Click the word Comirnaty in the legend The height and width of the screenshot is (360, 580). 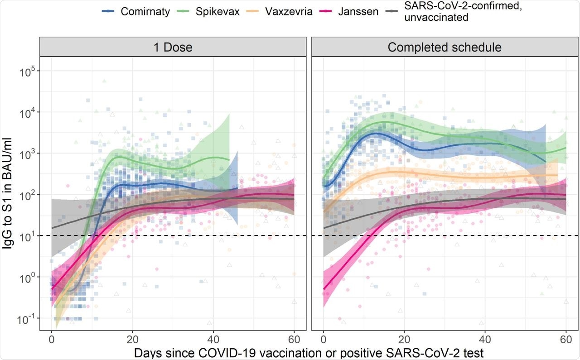click(x=145, y=11)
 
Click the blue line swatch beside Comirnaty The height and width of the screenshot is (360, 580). click(x=109, y=11)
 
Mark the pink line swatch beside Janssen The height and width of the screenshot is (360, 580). click(x=329, y=11)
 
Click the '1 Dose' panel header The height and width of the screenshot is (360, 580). click(x=173, y=47)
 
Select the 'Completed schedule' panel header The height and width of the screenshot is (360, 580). click(x=445, y=47)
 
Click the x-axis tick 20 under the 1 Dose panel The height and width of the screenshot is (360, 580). click(x=132, y=339)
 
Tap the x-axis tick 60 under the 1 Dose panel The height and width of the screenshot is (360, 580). click(x=294, y=339)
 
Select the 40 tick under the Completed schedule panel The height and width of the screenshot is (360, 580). click(x=485, y=339)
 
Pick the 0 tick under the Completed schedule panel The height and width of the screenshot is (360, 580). click(x=324, y=339)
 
